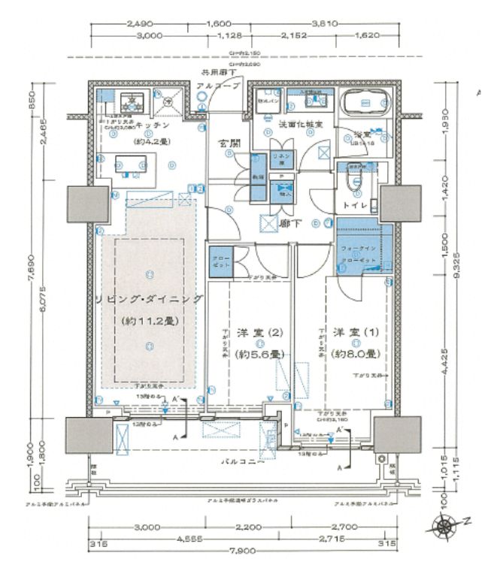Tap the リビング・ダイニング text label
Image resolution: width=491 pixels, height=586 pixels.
149,299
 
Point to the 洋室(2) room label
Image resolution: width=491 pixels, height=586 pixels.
259,332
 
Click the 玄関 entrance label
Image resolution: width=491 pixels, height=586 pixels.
229,143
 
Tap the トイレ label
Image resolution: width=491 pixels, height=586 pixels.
354,204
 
